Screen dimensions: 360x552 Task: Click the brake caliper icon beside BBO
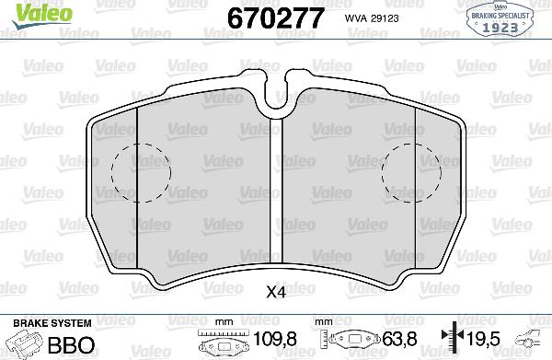(22, 344)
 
